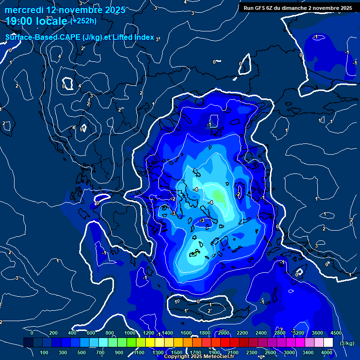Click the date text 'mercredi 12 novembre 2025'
point(65,10)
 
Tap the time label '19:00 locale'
point(37,21)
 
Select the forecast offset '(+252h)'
point(83,21)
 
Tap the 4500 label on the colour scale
point(336,333)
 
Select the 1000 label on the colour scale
point(130,333)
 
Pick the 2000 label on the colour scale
point(224,333)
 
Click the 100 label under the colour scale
point(45,352)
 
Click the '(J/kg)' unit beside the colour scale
point(347,344)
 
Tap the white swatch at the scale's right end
point(328,343)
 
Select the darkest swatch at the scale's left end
point(28,343)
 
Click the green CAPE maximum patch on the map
point(218,195)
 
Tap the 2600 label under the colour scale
point(271,352)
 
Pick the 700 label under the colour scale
point(101,352)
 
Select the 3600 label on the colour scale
point(317,333)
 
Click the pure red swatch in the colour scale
point(225,343)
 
